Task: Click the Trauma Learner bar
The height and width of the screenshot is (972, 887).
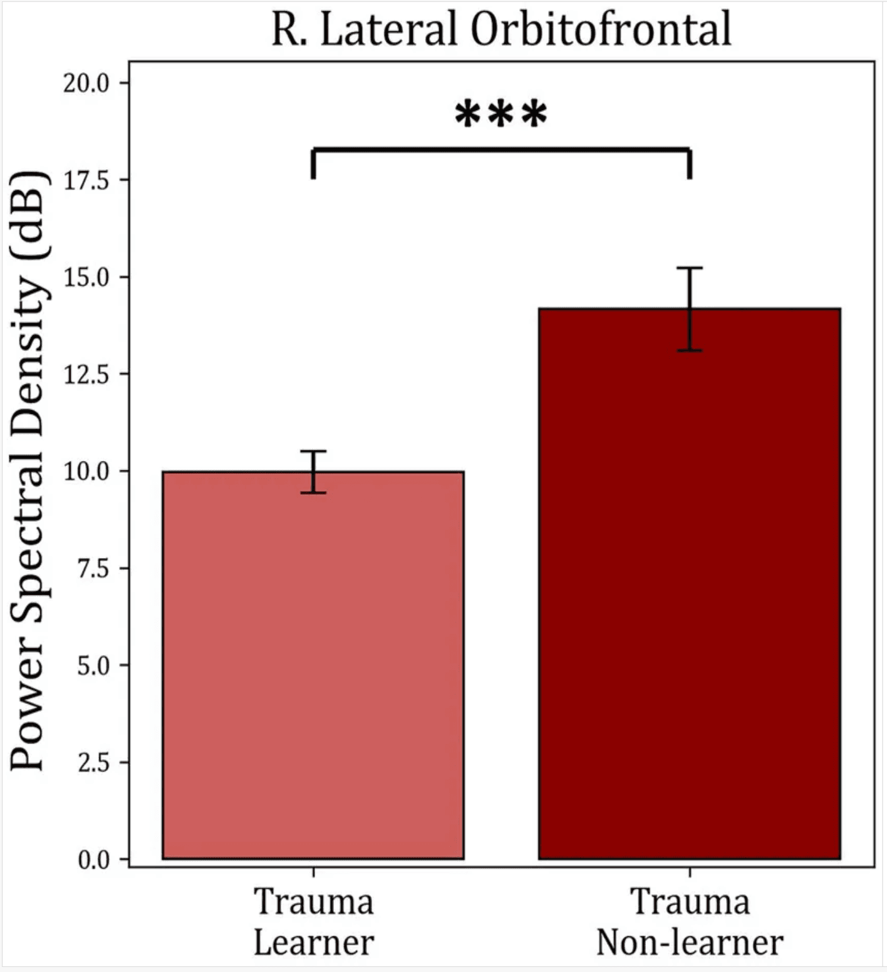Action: (313, 665)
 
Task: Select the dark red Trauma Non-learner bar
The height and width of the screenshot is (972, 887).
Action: (690, 584)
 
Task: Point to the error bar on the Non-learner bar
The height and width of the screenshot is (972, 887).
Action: (690, 309)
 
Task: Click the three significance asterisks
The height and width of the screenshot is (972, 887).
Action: (501, 115)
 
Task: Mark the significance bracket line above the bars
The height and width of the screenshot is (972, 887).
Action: (501, 150)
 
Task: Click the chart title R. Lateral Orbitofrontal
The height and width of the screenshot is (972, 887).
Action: (501, 29)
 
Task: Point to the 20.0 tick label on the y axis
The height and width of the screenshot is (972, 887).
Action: (86, 83)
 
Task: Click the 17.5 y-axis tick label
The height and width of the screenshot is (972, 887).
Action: (86, 180)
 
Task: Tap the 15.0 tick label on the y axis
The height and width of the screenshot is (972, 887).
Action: (86, 277)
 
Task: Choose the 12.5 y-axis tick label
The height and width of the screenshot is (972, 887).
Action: (86, 375)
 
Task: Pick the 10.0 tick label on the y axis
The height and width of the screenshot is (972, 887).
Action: (86, 472)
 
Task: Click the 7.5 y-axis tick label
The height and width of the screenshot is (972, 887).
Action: (94, 569)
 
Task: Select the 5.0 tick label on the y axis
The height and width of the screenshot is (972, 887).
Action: (94, 666)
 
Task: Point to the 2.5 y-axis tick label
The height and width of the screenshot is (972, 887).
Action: (94, 763)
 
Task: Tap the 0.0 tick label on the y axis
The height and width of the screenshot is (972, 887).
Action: (94, 860)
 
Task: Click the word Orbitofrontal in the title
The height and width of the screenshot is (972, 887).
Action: (601, 29)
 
